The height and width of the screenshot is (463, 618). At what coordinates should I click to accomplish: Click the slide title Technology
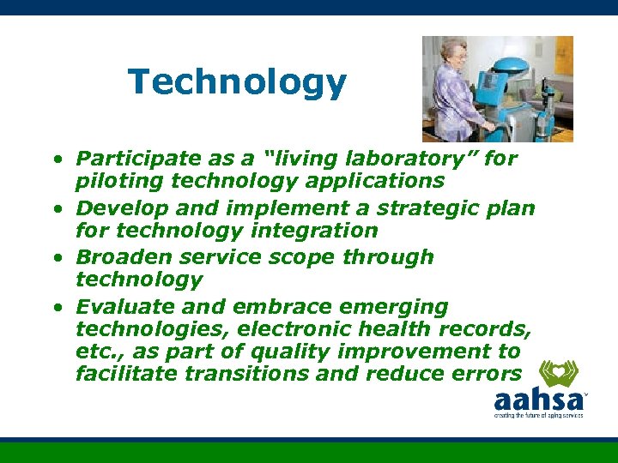(x=237, y=83)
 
